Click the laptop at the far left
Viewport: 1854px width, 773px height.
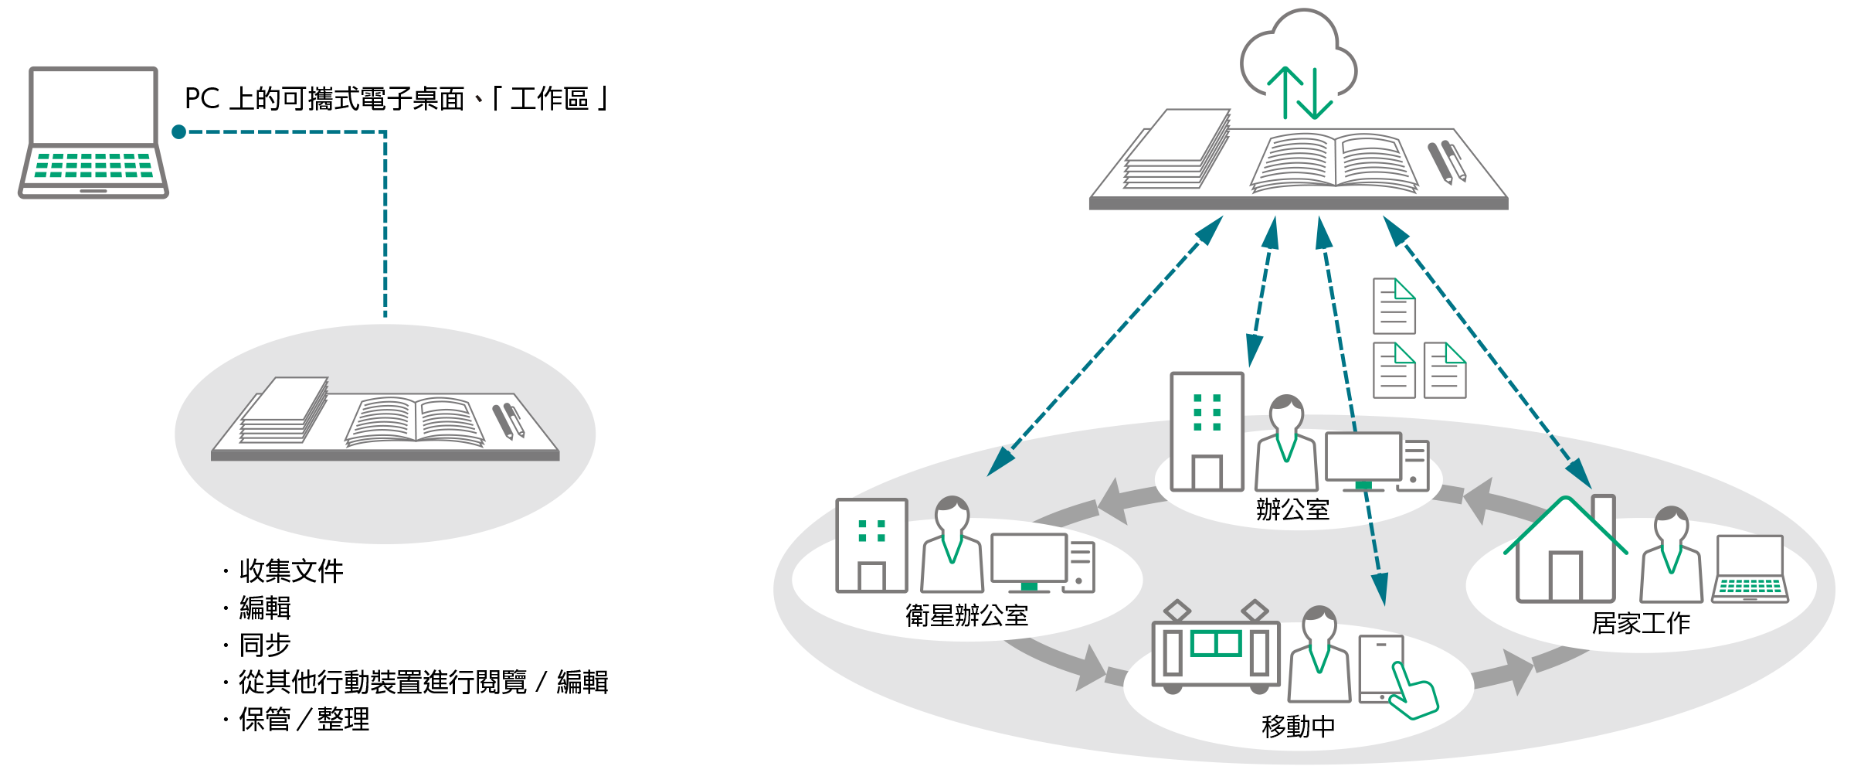point(93,131)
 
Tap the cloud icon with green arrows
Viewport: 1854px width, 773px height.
point(1299,62)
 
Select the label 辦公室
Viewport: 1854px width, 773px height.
point(1292,509)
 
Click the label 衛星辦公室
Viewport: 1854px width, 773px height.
point(966,615)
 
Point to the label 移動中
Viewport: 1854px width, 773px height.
point(1298,727)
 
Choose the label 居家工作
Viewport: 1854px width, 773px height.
point(1641,623)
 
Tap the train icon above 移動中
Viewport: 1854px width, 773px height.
point(1215,649)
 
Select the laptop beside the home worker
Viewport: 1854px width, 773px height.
point(1750,569)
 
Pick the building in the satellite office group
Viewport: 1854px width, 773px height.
point(871,546)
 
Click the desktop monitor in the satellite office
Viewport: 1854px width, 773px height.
point(1029,560)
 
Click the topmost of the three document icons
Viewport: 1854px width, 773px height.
point(1394,306)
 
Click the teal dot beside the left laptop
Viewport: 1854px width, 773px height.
point(179,132)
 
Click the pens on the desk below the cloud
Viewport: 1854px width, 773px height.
point(1446,162)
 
